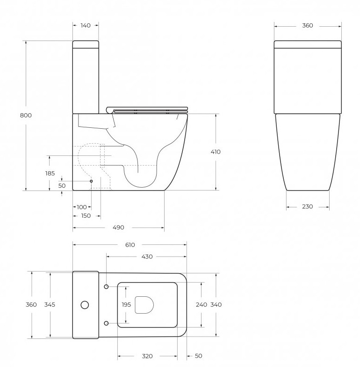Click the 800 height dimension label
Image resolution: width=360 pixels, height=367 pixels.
pos(26,115)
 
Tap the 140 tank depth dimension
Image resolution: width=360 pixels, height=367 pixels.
pos(86,25)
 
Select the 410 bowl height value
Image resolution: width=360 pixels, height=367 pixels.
pos(215,152)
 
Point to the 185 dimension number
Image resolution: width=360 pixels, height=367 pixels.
pos(50,173)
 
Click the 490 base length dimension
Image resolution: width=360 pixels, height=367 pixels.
pos(119,228)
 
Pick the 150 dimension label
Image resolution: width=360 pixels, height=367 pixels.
pos(86,216)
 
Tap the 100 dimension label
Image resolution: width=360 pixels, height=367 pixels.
pos(82,207)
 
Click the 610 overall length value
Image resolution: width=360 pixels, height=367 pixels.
pos(130,245)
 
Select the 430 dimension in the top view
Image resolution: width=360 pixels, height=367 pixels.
pos(147,257)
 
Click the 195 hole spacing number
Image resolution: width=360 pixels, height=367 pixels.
pos(126,305)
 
